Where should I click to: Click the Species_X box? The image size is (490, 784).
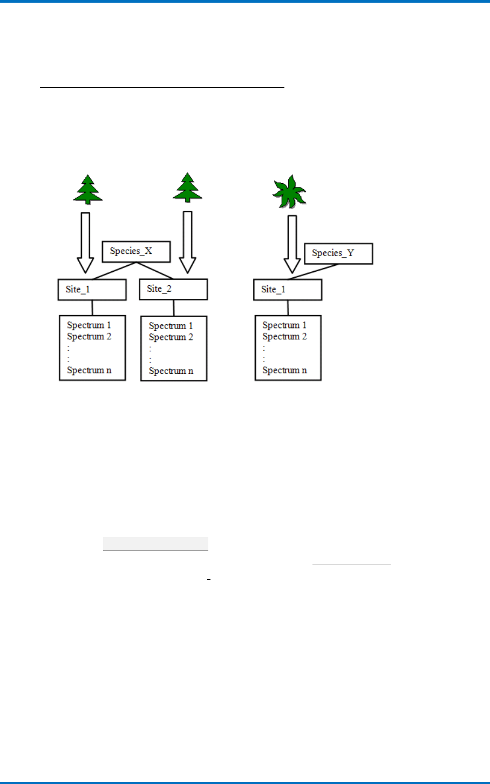tap(136, 251)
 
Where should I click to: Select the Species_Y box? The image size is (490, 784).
tap(338, 253)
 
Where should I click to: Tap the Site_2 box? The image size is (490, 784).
tap(173, 289)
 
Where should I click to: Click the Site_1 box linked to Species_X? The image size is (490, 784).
tap(92, 290)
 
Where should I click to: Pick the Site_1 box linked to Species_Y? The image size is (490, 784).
tap(288, 290)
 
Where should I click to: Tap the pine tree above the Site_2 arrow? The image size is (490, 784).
tap(187, 188)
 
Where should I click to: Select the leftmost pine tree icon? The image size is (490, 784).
tap(88, 190)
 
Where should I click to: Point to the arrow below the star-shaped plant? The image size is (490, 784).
tap(292, 244)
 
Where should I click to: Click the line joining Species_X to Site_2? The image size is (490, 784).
tap(155, 271)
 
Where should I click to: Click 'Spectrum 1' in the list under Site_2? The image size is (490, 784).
tap(171, 326)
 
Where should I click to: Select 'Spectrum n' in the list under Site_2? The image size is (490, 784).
tap(171, 371)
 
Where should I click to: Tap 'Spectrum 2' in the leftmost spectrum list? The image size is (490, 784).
tap(89, 337)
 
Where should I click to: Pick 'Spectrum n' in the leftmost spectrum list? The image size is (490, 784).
tap(89, 371)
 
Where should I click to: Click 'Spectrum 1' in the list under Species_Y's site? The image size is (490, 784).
tap(284, 325)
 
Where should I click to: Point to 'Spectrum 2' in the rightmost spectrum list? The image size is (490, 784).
tap(284, 337)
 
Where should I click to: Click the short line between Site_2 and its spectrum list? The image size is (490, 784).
tap(174, 308)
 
